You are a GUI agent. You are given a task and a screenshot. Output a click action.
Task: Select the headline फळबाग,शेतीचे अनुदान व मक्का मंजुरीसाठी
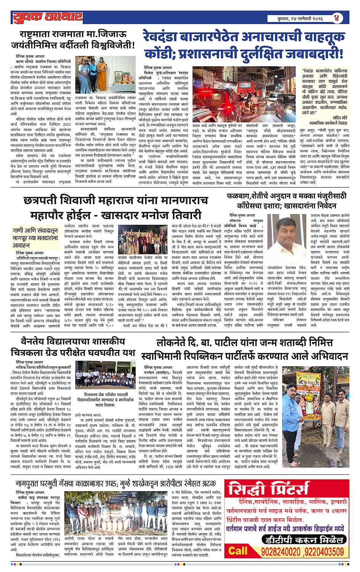[286, 197]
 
